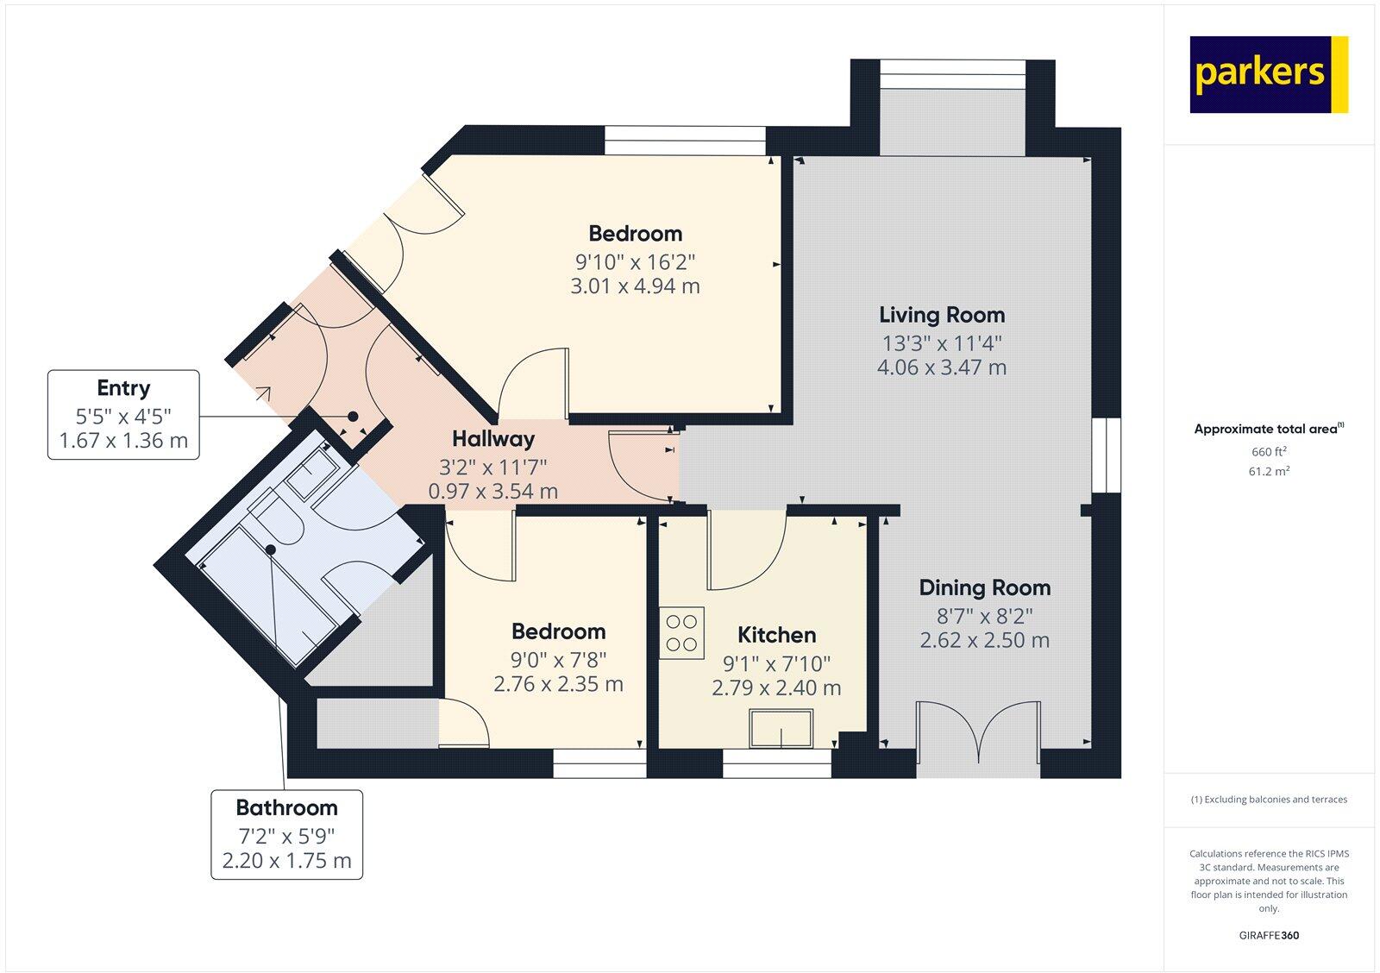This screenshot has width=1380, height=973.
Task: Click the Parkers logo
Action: click(x=1268, y=74)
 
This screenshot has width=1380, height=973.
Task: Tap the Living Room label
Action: click(x=942, y=315)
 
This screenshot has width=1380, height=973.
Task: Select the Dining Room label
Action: click(x=984, y=588)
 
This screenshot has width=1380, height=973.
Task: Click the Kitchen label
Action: click(x=776, y=636)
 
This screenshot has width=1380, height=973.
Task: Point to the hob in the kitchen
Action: click(x=682, y=632)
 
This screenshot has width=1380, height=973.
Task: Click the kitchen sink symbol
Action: click(x=781, y=729)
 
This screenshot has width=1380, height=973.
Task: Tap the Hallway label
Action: click(x=493, y=439)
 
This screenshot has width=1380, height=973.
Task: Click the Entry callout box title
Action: click(x=123, y=388)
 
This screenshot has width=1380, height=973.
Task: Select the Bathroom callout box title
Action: click(x=286, y=808)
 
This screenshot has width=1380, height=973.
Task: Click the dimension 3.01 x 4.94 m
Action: click(x=635, y=286)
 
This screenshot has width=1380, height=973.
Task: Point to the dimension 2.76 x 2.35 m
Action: click(x=558, y=685)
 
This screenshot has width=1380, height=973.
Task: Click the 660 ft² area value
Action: click(x=1269, y=452)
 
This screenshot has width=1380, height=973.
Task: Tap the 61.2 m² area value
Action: click(x=1269, y=472)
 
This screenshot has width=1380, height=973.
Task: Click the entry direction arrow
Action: click(x=262, y=395)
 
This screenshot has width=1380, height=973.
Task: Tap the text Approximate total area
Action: click(x=1265, y=429)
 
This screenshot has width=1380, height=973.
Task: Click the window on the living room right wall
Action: click(x=1107, y=455)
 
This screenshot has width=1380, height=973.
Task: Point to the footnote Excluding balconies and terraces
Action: click(x=1269, y=800)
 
